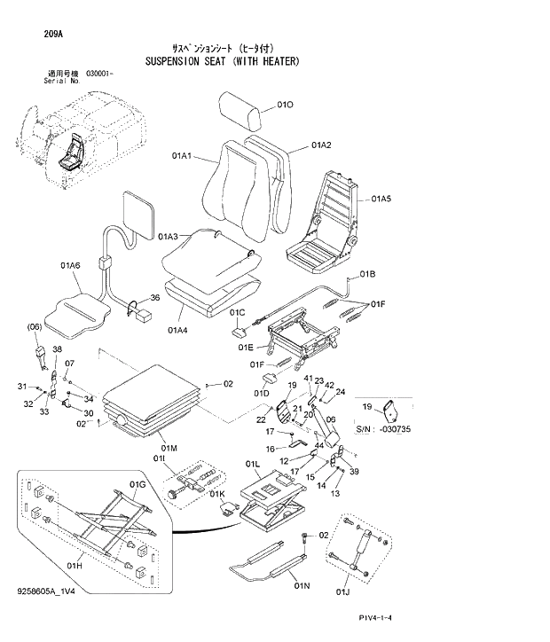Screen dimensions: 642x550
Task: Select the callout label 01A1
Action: pos(184,156)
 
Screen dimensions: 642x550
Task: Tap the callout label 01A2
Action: pos(321,145)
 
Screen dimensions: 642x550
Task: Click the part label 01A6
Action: pos(71,265)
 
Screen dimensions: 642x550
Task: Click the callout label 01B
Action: pos(366,273)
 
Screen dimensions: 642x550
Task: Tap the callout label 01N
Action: pos(302,586)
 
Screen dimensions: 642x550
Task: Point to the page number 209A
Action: pos(52,35)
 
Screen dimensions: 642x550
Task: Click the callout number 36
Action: pos(154,298)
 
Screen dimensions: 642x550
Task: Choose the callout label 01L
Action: pos(251,464)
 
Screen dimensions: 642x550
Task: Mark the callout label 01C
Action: pos(237,313)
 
